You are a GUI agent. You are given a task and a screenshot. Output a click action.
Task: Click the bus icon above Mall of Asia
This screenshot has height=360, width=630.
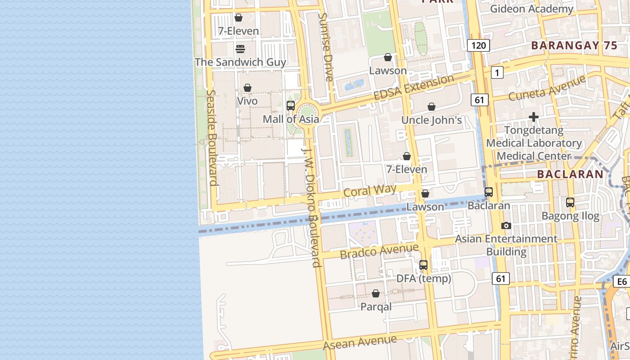click(291, 106)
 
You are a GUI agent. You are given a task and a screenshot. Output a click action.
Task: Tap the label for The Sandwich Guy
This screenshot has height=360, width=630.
click(240, 62)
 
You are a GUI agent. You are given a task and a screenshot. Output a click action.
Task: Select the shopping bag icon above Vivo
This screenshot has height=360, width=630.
click(247, 88)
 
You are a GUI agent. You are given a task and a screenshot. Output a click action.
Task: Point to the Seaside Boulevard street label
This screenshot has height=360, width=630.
click(212, 137)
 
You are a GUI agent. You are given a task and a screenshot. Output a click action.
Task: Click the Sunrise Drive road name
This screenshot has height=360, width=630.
click(325, 47)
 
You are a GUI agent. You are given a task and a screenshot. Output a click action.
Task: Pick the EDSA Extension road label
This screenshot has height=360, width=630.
click(414, 88)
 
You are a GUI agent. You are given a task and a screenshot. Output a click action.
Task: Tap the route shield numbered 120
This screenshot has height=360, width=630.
click(478, 45)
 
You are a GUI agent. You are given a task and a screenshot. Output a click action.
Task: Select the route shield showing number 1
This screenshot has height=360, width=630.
click(497, 72)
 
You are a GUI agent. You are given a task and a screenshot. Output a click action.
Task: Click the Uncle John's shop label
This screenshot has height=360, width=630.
click(432, 120)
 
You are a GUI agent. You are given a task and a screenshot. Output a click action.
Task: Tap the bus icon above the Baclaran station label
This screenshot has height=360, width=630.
click(489, 192)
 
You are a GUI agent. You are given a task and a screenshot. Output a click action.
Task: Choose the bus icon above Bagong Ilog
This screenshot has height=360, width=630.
click(570, 202)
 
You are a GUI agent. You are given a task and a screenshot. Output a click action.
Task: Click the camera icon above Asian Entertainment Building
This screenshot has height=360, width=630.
click(506, 225)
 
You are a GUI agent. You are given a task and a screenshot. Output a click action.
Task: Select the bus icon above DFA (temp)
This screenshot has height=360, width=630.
click(423, 265)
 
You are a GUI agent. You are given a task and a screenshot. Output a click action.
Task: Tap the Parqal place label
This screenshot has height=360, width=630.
click(376, 307)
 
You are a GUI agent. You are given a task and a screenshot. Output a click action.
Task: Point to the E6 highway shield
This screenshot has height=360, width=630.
click(621, 282)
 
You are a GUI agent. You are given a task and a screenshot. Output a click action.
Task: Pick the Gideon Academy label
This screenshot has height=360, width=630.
click(531, 9)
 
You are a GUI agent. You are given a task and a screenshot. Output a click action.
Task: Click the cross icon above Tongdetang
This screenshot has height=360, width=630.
click(534, 117)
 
